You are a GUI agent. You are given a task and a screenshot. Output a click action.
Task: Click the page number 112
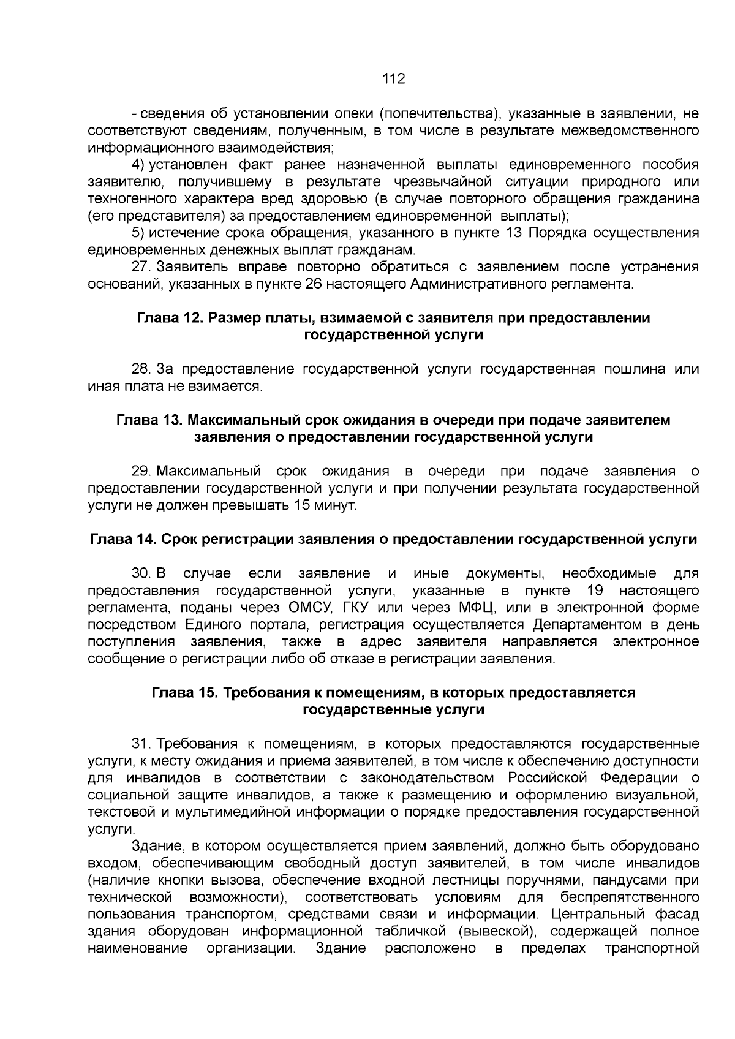tap(393, 78)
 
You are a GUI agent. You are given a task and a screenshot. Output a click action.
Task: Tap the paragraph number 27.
tap(141, 267)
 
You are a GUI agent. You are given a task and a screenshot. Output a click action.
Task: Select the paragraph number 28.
tap(141, 369)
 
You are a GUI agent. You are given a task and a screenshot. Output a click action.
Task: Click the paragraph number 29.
tap(141, 471)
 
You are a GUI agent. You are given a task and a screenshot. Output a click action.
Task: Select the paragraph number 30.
tap(141, 573)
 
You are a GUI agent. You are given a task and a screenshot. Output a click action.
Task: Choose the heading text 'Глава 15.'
tap(181, 692)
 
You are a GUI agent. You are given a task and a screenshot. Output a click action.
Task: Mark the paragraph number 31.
tap(141, 744)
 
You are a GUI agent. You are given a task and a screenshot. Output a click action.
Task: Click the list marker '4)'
tap(138, 165)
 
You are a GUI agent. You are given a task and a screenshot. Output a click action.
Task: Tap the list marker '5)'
tap(138, 233)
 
